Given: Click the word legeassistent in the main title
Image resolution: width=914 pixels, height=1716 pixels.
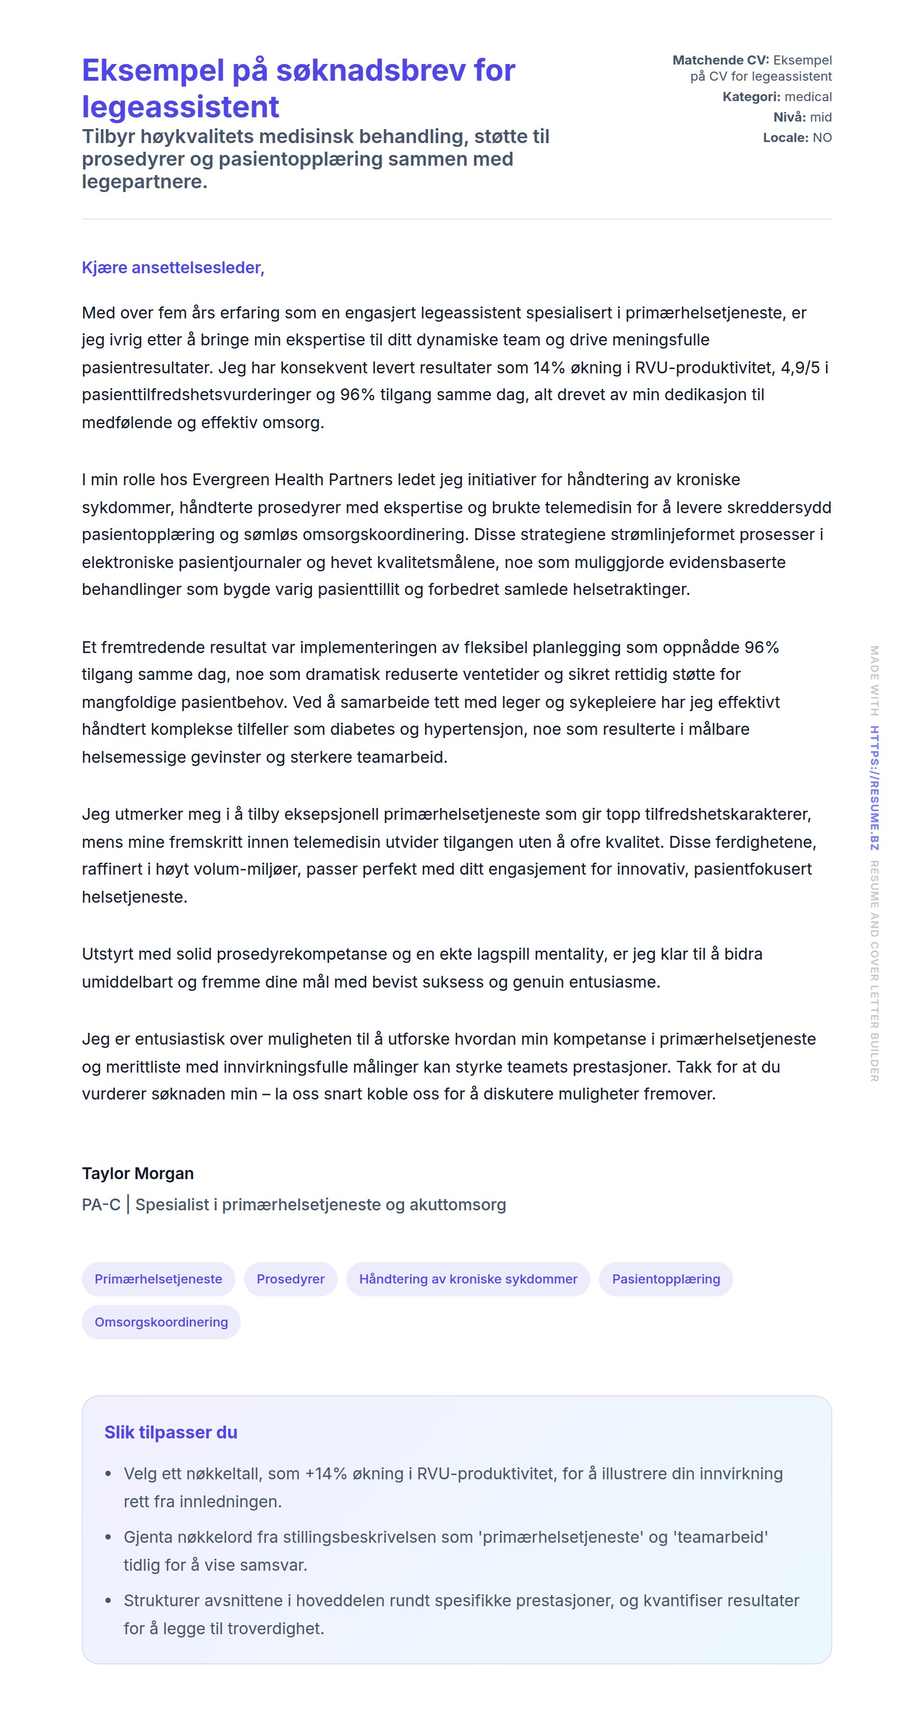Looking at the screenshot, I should (x=181, y=107).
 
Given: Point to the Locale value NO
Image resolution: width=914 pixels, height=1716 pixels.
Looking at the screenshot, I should (x=822, y=138).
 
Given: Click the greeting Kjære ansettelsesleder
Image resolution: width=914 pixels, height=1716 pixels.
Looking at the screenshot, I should (x=173, y=268).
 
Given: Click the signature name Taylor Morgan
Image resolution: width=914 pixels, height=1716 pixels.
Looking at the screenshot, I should (x=138, y=1173).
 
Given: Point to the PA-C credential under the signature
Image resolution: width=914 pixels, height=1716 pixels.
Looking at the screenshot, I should (x=101, y=1204).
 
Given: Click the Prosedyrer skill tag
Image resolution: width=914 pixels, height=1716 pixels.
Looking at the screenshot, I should (x=290, y=1279).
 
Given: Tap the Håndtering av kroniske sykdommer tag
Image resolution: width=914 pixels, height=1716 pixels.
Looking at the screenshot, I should (x=468, y=1279).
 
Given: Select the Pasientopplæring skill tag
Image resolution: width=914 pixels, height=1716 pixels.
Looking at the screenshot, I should (x=666, y=1279).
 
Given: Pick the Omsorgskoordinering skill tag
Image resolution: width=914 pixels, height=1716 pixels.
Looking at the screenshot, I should (x=161, y=1322).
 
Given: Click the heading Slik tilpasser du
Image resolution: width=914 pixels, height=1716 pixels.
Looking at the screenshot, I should (x=170, y=1432).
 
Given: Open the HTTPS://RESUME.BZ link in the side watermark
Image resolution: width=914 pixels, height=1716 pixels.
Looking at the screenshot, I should (x=874, y=788).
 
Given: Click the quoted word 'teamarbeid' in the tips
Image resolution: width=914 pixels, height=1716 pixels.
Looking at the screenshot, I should (x=720, y=1537).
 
